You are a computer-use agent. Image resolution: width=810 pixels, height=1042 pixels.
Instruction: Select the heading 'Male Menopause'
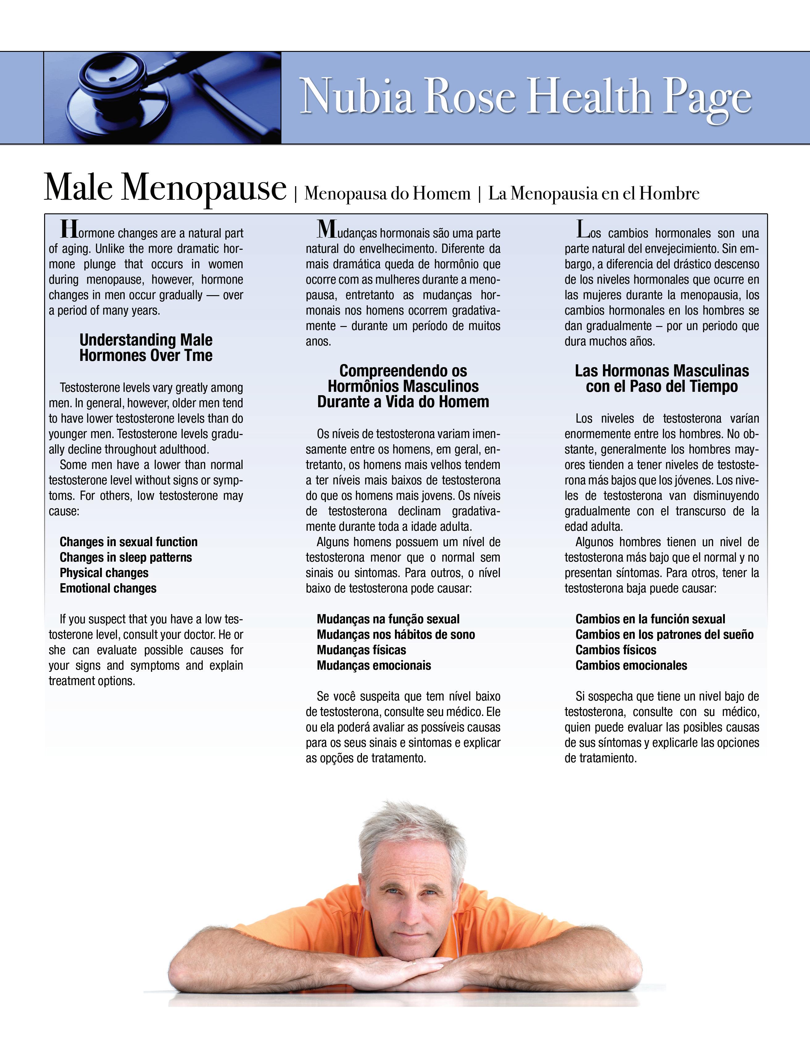coord(165,187)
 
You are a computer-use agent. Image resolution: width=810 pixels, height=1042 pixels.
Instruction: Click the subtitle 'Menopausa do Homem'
coord(387,193)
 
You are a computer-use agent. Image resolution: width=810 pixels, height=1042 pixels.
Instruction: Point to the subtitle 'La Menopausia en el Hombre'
coord(594,193)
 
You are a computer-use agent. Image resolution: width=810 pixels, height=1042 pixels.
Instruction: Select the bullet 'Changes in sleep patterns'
coord(126,557)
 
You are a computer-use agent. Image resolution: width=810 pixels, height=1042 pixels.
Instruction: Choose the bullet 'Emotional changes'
coord(108,588)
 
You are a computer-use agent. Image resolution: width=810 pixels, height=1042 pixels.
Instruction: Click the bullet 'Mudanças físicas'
coord(361,650)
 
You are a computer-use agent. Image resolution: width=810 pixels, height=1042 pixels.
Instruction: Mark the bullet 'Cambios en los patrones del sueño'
coord(664,634)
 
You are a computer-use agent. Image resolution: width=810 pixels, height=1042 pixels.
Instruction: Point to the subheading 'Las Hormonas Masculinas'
coord(661,371)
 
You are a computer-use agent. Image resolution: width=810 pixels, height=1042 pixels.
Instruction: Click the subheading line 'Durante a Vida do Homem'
coord(403,402)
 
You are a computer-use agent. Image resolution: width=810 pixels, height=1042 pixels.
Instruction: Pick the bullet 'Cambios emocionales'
coord(631,666)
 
